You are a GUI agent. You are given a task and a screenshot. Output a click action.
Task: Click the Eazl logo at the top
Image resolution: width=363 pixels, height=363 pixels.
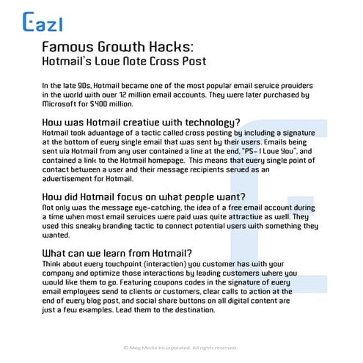pos(37,21)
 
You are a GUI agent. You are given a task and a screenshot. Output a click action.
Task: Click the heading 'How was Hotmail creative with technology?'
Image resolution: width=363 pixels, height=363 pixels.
pos(141,122)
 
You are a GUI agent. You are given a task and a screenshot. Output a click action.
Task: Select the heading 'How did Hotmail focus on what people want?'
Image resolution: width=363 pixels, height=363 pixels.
pos(143,197)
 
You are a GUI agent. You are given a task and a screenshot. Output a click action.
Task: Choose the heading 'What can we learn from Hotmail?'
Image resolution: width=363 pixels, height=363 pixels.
pos(117,252)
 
